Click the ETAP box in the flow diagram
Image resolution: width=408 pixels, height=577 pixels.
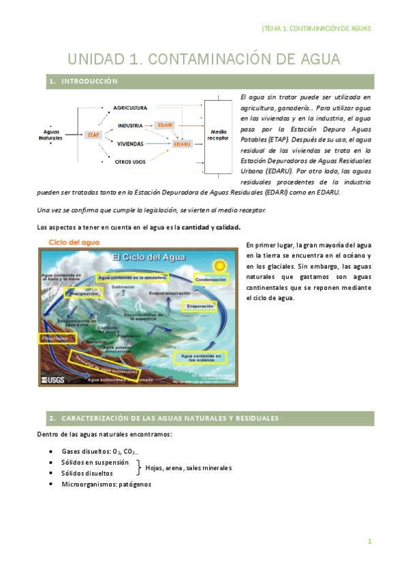click(94, 135)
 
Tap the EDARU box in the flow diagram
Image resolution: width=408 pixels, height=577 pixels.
click(182, 144)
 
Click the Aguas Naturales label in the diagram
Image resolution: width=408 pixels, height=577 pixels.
click(52, 135)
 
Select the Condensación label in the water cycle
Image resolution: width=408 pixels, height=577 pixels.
click(211, 280)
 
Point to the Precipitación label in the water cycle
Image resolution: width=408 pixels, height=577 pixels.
click(104, 293)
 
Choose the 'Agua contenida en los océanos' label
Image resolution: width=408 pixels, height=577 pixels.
click(200, 357)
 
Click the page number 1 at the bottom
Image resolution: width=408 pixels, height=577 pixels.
click(369, 542)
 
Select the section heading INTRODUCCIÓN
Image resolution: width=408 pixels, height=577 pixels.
click(89, 82)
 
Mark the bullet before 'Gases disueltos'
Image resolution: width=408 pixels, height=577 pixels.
click(53, 451)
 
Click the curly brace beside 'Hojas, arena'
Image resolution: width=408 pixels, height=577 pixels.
click(139, 467)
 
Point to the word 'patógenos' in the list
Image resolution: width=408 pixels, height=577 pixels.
click(136, 484)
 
